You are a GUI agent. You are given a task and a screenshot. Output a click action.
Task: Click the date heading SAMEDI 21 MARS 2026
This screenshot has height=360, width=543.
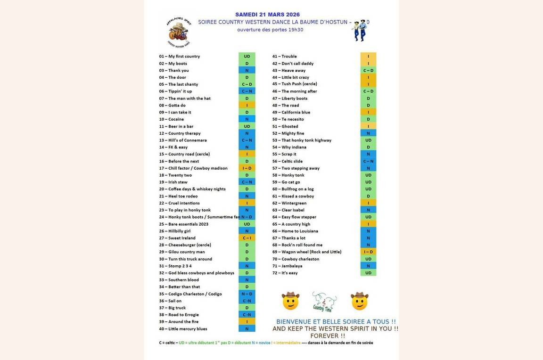(x=267, y=15)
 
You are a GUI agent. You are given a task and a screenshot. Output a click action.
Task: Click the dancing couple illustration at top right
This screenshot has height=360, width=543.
(x=359, y=31)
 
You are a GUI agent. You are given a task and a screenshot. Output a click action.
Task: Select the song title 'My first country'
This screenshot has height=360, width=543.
(x=184, y=57)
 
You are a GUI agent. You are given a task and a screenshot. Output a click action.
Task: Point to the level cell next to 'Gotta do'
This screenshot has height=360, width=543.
(x=247, y=106)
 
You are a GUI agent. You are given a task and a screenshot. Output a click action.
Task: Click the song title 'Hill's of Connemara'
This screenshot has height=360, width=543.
(x=187, y=140)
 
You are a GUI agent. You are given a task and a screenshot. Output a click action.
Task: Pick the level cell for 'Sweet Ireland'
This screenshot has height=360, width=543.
(x=247, y=238)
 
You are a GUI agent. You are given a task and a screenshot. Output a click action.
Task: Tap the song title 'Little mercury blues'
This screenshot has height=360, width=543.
(x=188, y=329)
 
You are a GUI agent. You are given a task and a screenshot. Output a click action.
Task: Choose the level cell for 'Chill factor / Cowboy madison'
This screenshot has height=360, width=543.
(x=247, y=168)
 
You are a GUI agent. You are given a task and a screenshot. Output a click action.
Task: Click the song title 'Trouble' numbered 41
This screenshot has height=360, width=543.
(x=289, y=57)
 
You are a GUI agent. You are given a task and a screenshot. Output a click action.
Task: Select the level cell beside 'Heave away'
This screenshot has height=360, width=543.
(x=368, y=70)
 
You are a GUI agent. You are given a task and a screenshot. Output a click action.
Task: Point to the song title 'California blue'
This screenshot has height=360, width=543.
(x=296, y=113)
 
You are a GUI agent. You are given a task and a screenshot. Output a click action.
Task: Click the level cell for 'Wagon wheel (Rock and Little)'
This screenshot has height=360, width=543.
(x=368, y=252)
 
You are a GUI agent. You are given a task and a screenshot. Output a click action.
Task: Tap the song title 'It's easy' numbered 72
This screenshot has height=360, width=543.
(x=289, y=273)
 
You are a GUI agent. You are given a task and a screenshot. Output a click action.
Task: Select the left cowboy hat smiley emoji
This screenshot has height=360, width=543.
(x=290, y=301)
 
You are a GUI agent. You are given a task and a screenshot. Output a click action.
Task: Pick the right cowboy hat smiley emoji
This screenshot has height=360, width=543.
(x=359, y=301)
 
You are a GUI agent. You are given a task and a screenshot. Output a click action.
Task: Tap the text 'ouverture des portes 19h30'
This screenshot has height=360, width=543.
(x=270, y=30)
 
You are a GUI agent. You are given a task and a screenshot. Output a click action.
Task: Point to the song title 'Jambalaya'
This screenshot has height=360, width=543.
(x=292, y=266)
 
